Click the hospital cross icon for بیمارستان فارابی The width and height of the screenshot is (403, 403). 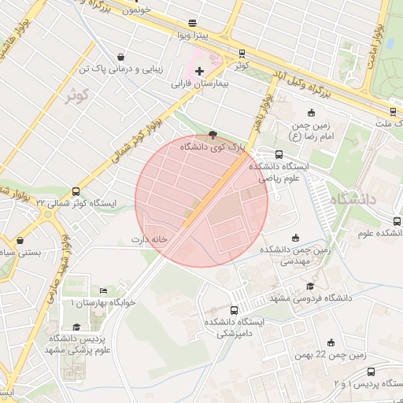coord(200,71)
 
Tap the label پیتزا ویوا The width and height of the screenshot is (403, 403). coord(191,36)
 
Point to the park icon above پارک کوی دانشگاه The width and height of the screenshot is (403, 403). coord(213,134)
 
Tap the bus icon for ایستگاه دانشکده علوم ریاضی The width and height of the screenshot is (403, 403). coord(279,154)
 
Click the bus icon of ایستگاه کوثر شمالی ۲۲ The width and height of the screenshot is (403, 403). coord(76,191)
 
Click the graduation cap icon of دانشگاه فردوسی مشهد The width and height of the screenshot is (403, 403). coord(310,286)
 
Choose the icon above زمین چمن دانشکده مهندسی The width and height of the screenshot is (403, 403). coord(296,238)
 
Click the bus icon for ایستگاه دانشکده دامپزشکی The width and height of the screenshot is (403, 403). coord(233,311)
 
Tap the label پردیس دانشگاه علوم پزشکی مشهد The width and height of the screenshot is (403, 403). coord(77,343)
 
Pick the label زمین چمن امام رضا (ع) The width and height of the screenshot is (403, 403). coord(323,129)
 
